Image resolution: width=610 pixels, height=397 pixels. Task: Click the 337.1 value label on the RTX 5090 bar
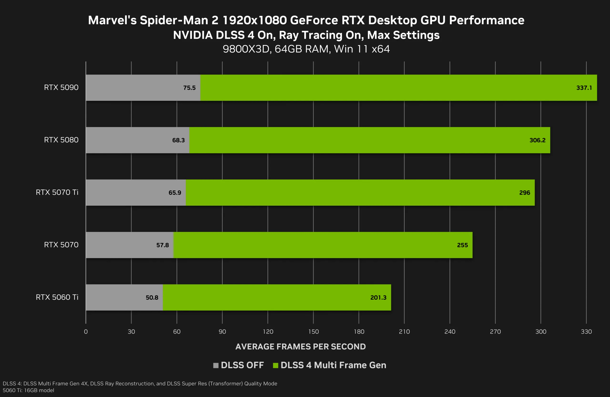click(584, 88)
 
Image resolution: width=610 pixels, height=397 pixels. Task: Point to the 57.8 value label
click(163, 245)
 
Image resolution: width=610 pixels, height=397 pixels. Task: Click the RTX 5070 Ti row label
click(57, 192)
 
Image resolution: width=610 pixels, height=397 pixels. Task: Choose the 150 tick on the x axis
click(313, 332)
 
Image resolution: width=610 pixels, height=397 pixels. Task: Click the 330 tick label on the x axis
click(586, 332)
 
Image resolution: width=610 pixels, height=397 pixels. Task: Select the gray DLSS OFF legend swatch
click(216, 365)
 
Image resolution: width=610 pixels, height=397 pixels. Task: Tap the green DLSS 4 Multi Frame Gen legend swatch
click(275, 365)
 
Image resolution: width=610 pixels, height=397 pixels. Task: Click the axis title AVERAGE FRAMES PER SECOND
click(300, 347)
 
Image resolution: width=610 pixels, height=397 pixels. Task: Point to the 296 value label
click(524, 193)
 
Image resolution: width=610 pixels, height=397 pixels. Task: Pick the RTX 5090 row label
click(61, 88)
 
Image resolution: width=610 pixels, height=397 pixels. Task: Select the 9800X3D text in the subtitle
click(246, 49)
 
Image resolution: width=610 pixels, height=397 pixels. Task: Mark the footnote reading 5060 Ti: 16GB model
click(28, 390)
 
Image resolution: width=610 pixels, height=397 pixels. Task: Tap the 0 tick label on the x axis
click(86, 332)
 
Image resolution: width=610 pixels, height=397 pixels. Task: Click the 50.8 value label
click(152, 298)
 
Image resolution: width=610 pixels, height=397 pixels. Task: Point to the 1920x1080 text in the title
click(254, 20)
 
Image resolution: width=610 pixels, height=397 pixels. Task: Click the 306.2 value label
click(538, 140)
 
